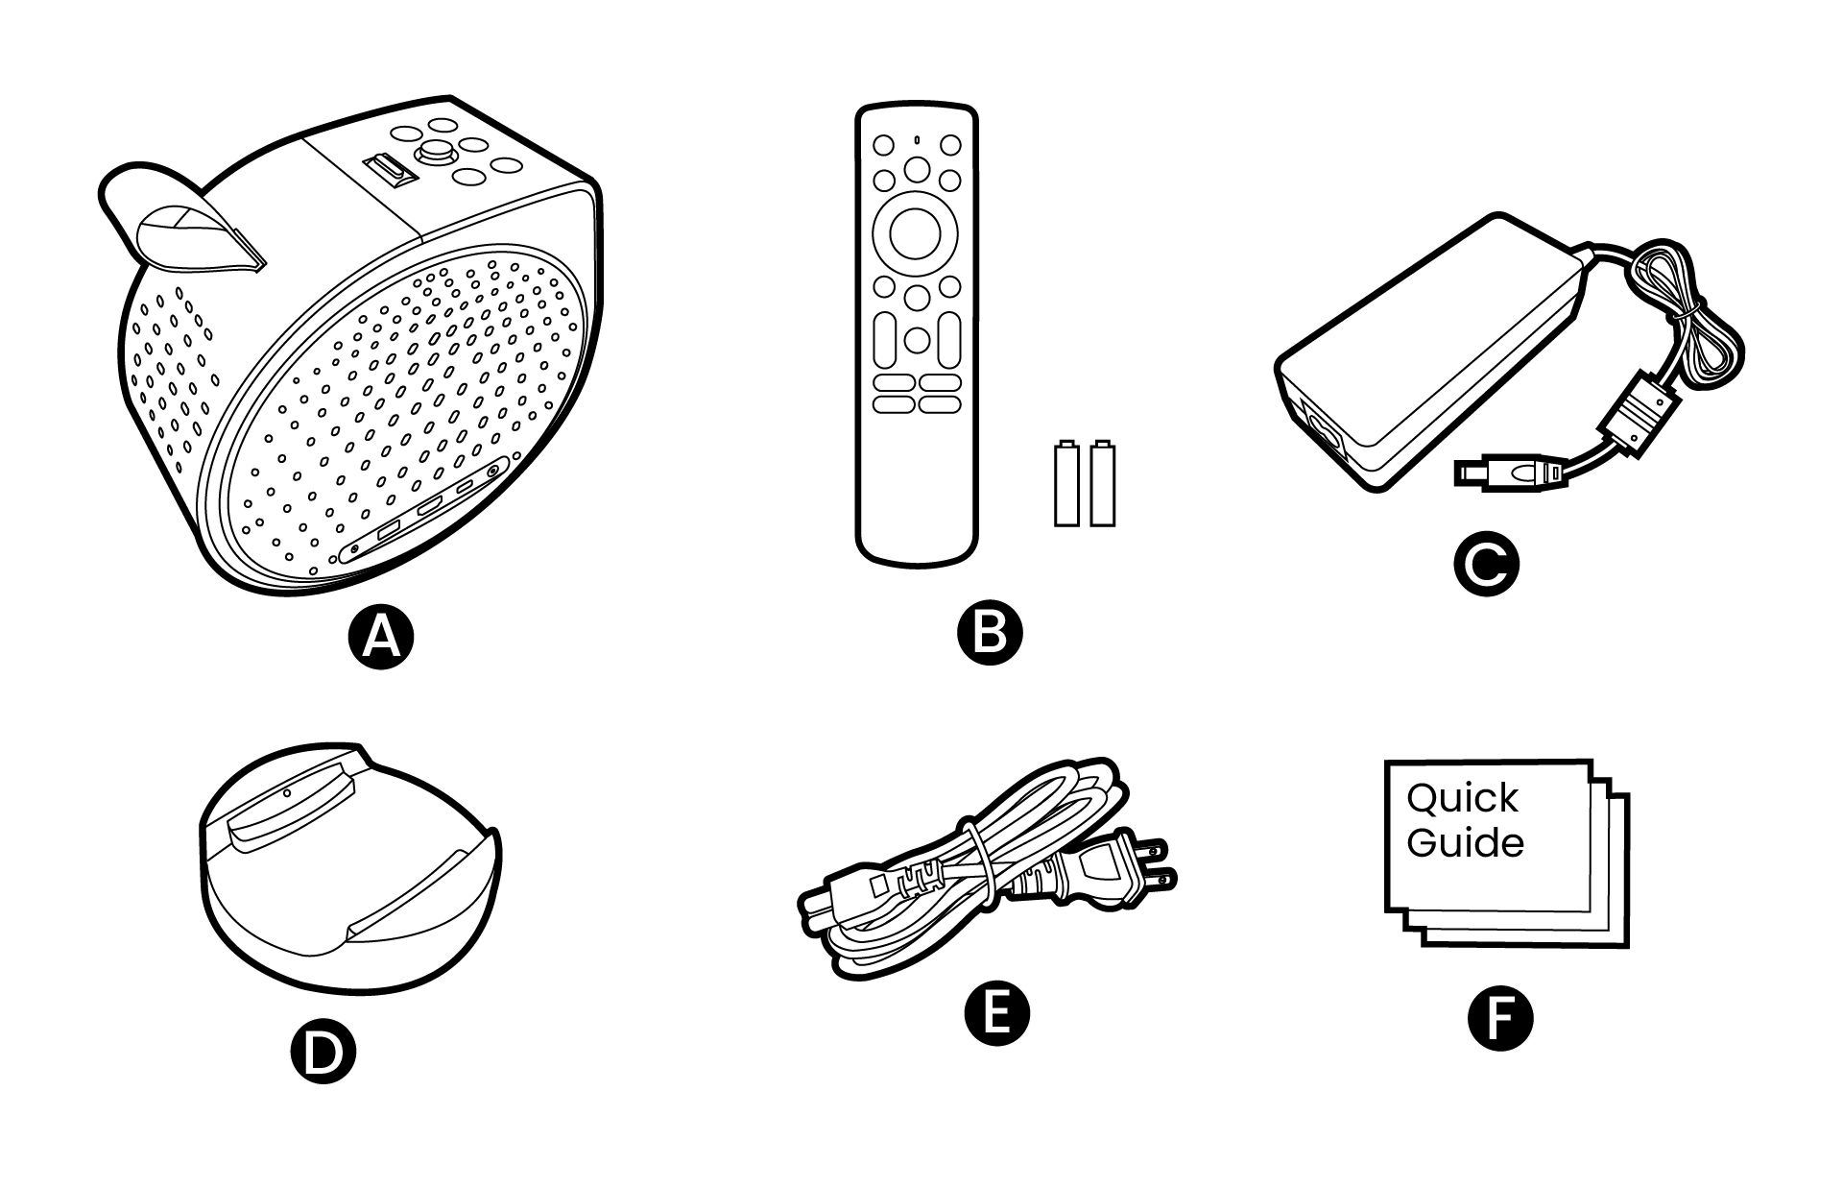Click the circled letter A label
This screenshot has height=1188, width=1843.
coord(381,639)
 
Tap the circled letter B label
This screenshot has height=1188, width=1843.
coord(991,632)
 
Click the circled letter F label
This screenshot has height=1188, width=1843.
coord(1500,1019)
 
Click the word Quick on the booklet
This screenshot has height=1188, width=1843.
coord(1462,798)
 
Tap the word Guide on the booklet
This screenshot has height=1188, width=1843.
coord(1465,843)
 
